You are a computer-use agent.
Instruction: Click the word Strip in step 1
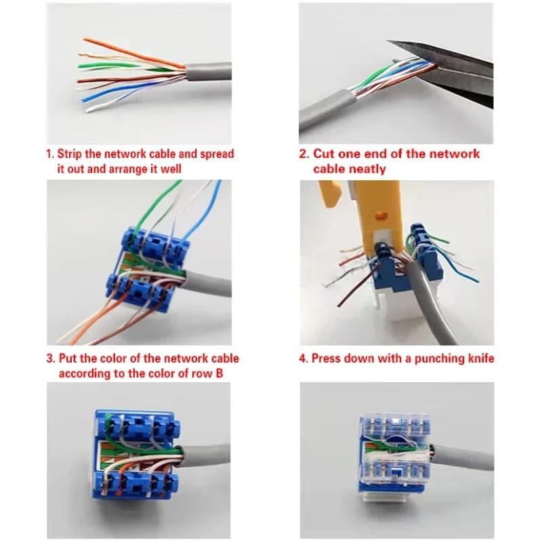[70, 154]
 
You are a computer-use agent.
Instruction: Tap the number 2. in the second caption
[305, 154]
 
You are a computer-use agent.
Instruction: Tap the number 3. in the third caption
[51, 358]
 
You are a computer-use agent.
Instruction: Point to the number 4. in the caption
[304, 358]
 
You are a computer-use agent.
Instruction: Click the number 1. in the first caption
[49, 154]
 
